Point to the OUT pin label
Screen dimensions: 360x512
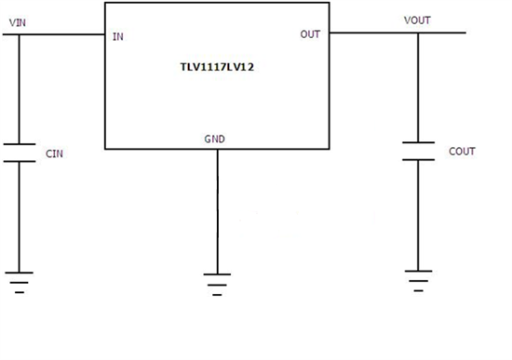(310, 34)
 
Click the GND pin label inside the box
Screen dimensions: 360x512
(214, 140)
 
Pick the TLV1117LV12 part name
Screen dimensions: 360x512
(217, 68)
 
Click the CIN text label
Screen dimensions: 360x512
(56, 152)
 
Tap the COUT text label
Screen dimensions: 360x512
(462, 150)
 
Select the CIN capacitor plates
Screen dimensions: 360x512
(20, 152)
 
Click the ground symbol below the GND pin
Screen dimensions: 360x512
(218, 281)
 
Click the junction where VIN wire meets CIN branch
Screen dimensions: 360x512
(20, 36)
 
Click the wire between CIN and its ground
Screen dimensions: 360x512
(20, 214)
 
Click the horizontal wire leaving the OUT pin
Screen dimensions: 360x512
(372, 33)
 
